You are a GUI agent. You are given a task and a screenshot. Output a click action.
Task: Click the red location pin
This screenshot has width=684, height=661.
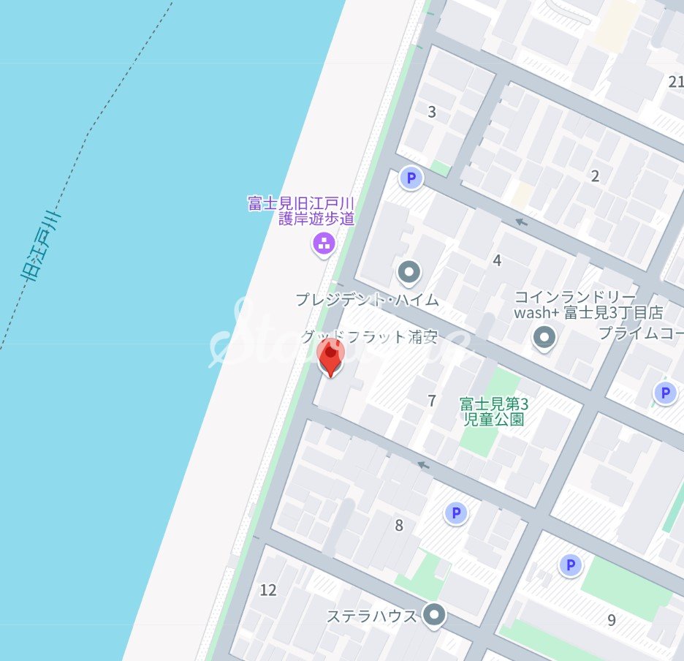(331, 358)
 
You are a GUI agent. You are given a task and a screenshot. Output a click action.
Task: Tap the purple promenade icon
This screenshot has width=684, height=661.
(323, 243)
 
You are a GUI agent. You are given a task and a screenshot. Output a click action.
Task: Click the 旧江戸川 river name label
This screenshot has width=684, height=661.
(42, 246)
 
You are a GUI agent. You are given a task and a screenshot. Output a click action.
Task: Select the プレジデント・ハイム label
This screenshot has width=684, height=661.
(367, 299)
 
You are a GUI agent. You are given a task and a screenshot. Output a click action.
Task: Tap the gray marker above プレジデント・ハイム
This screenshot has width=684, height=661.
(409, 272)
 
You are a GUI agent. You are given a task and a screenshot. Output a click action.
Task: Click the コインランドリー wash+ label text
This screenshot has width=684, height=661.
(588, 305)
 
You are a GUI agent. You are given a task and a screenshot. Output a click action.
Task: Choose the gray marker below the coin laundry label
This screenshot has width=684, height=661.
(544, 338)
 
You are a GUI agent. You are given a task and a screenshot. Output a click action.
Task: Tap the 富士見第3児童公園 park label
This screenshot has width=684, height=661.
(494, 411)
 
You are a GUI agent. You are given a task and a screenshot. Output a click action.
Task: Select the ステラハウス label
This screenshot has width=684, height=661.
(371, 616)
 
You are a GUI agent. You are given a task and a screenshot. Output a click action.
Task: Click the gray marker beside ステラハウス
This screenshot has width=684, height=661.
(435, 615)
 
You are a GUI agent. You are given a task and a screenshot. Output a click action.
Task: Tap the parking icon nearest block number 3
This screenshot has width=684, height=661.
(411, 178)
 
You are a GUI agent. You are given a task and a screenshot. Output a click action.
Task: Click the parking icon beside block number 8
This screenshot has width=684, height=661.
(456, 514)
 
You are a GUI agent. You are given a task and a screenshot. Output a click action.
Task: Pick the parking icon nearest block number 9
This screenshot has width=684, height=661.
(570, 564)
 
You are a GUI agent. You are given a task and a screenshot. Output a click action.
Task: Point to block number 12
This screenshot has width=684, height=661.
(268, 589)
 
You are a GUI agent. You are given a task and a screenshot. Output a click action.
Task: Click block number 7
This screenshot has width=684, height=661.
(432, 401)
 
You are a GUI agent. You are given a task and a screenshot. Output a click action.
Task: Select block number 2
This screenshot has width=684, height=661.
(595, 175)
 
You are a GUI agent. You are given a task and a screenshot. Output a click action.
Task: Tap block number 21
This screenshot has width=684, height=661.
(676, 81)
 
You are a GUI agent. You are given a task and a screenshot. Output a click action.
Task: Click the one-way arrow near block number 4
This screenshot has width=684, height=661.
(521, 222)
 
